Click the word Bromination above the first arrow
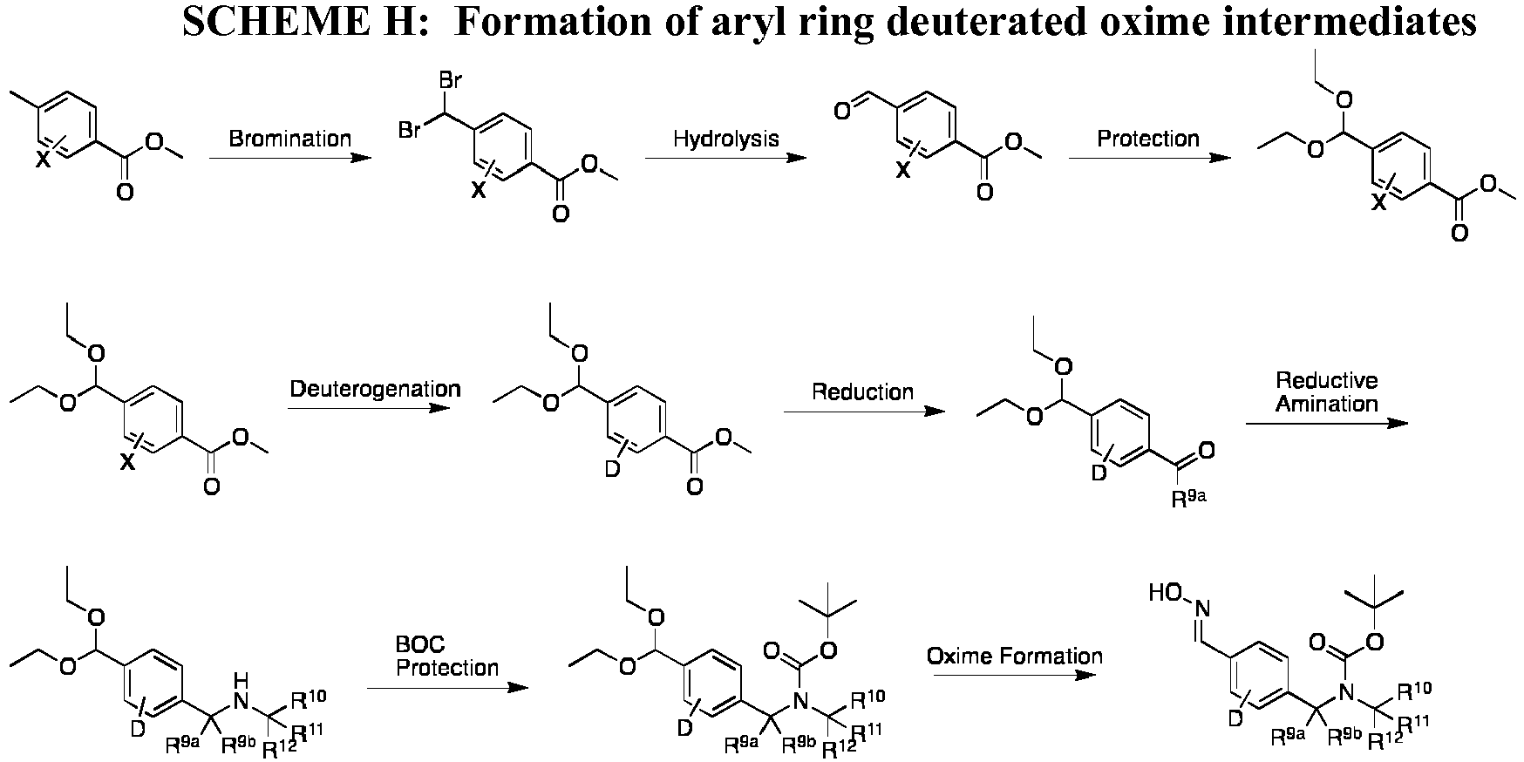(x=290, y=139)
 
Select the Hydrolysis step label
(x=726, y=139)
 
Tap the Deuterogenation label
(x=375, y=388)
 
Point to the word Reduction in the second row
(x=862, y=391)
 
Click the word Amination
(x=1327, y=404)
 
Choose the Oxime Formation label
(x=1014, y=656)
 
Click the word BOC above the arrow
(x=420, y=645)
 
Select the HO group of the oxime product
(x=1165, y=594)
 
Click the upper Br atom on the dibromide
(x=451, y=81)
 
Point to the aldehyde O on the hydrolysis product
(x=841, y=112)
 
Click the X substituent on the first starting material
(x=42, y=158)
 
